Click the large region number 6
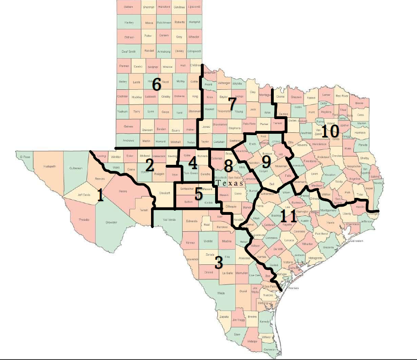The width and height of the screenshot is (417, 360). pos(156,84)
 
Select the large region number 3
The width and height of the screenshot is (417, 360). pos(219,262)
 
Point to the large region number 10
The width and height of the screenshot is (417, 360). pos(329,131)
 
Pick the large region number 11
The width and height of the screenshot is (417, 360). pos(289,215)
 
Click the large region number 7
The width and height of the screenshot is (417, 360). pos(232,104)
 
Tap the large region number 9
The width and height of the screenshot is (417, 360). pos(266,162)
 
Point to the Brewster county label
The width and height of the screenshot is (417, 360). pos(112,223)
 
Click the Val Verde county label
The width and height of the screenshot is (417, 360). pos(169,219)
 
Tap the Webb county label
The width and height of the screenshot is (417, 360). pos(221,293)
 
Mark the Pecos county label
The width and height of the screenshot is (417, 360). pos(123,191)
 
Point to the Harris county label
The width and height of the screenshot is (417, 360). pos(331,223)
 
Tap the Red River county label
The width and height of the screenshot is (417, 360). pos(342,96)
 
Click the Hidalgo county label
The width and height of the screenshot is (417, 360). pos(252,341)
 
